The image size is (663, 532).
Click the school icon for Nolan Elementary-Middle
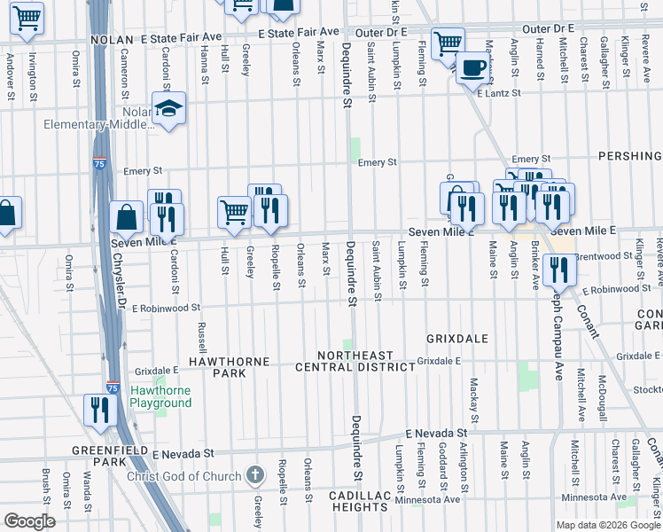168,109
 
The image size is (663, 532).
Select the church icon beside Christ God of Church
255,475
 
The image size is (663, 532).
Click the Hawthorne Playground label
160,396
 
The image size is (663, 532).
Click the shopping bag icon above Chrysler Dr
127,216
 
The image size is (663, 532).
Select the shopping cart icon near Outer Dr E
448,43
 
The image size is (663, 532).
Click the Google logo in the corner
29,520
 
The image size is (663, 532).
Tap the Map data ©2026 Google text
608,525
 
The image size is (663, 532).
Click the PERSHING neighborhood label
629,156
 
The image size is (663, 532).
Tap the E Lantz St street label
496,92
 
